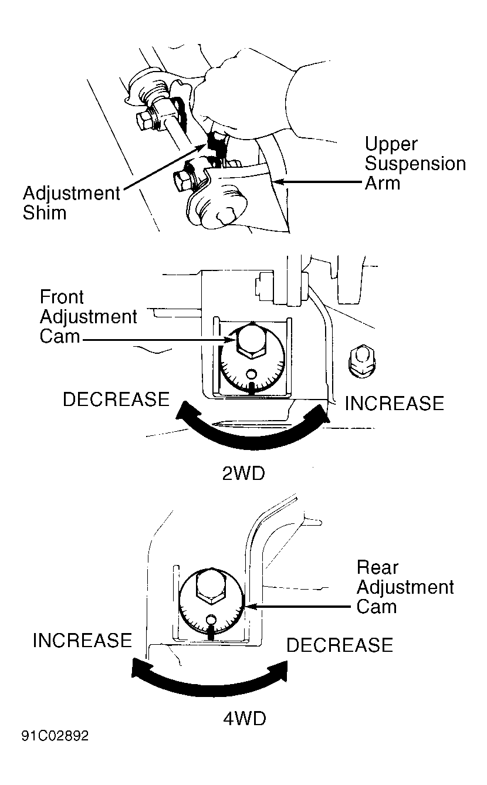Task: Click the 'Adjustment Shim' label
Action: click(x=72, y=203)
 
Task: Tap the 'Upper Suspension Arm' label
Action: click(x=415, y=163)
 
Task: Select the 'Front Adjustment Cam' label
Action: click(x=88, y=316)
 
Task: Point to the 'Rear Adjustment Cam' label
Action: click(x=405, y=587)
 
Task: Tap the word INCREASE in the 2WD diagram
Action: click(x=394, y=403)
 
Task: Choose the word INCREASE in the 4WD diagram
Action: click(x=82, y=640)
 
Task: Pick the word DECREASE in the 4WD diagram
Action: click(x=340, y=645)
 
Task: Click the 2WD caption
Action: click(x=243, y=473)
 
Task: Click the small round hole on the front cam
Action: click(x=251, y=374)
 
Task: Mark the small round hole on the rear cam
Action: click(x=211, y=619)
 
